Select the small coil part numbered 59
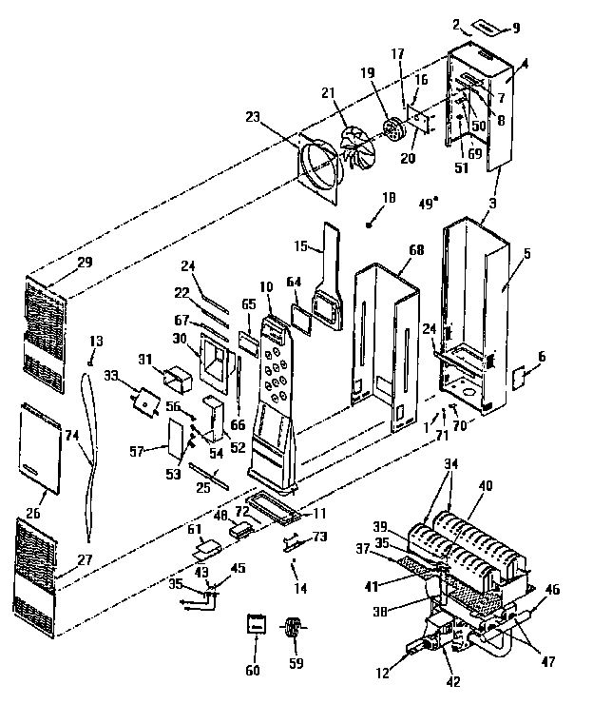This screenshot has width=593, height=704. pyautogui.click(x=294, y=629)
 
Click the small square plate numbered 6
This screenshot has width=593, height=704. pyautogui.click(x=520, y=378)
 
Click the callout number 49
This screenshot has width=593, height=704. pyautogui.click(x=428, y=202)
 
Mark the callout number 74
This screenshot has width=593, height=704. pyautogui.click(x=70, y=435)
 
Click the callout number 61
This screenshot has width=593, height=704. pyautogui.click(x=194, y=530)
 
